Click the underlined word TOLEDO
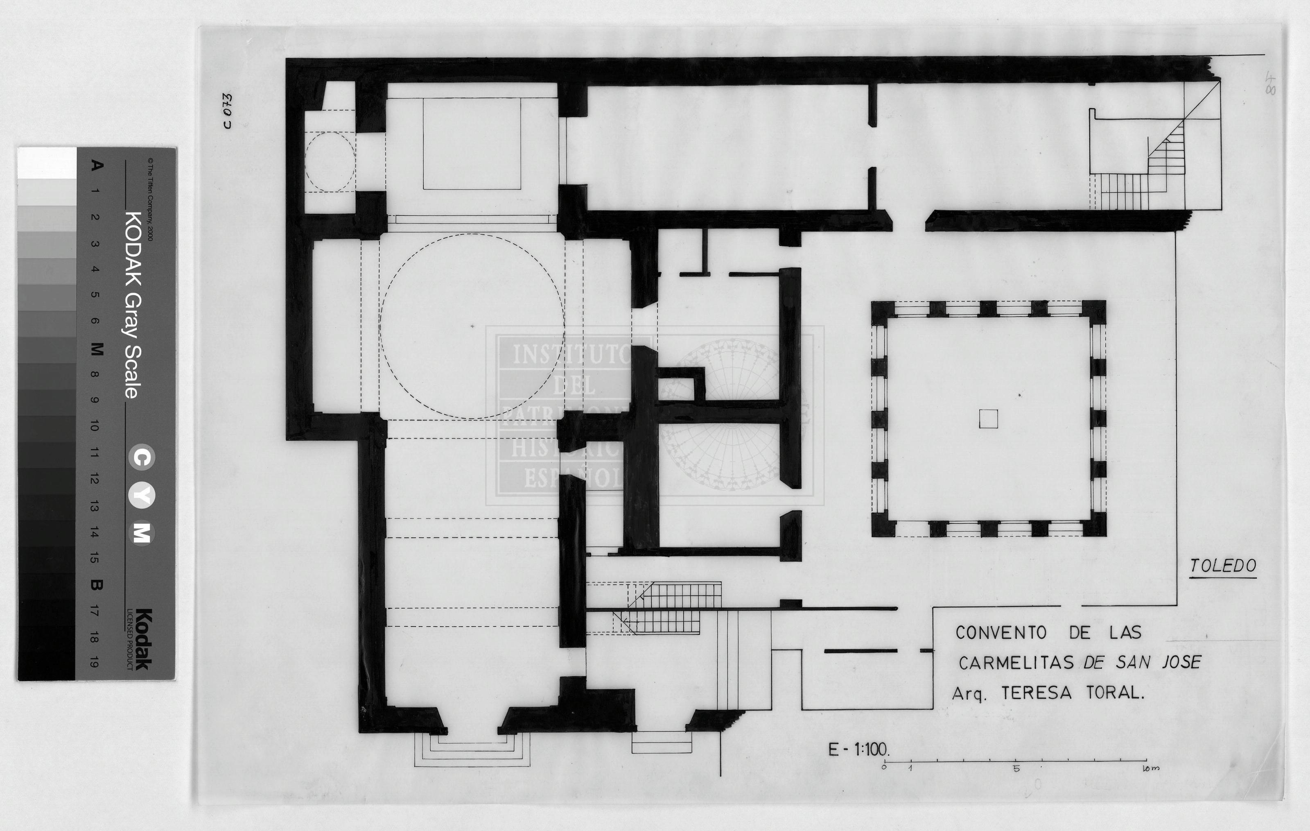[1222, 566]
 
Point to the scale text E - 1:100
[858, 749]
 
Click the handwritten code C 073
[227, 111]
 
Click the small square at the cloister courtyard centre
[989, 419]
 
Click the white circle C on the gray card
[142, 457]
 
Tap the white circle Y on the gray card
[142, 496]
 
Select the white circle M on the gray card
[142, 533]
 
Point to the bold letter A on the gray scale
[96, 165]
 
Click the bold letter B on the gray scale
[96, 585]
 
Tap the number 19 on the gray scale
[95, 663]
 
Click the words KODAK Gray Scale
[133, 305]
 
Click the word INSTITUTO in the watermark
[571, 355]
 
